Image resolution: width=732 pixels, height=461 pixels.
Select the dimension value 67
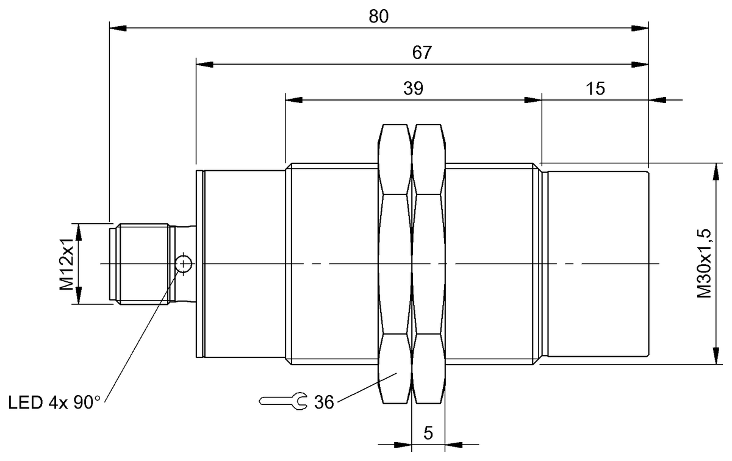pyautogui.click(x=422, y=52)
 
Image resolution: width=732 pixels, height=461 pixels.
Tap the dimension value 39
pyautogui.click(x=413, y=88)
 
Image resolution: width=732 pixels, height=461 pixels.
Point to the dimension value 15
pyautogui.click(x=595, y=88)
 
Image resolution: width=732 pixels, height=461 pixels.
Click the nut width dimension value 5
pyautogui.click(x=428, y=434)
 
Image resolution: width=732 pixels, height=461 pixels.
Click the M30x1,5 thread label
pyautogui.click(x=705, y=263)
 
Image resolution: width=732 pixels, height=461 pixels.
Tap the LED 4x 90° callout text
pyautogui.click(x=54, y=402)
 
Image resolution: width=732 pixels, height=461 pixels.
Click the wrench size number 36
pyautogui.click(x=324, y=402)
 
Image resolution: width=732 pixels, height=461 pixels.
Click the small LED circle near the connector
pyautogui.click(x=183, y=263)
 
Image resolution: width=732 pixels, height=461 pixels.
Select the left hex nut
pyautogui.click(x=395, y=263)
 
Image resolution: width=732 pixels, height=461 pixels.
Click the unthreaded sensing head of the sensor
pyautogui.click(x=598, y=263)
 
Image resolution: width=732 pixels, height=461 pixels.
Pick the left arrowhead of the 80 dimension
pyautogui.click(x=117, y=27)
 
